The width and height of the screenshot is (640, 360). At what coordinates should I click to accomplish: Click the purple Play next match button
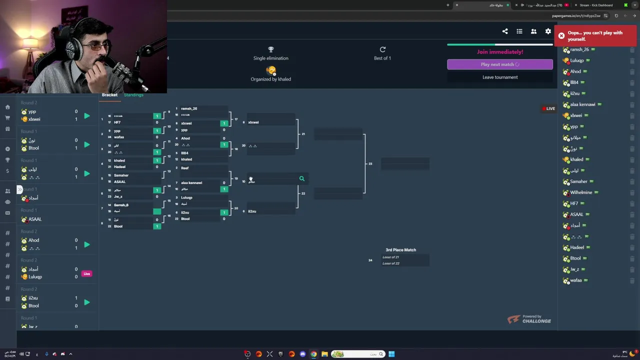tap(499, 64)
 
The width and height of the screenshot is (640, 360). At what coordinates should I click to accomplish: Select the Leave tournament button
tap(499, 77)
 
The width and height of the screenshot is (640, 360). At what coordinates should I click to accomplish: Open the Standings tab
tap(133, 95)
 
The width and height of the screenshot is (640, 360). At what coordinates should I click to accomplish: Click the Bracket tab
tap(109, 95)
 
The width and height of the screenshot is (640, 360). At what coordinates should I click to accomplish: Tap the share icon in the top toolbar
tap(505, 31)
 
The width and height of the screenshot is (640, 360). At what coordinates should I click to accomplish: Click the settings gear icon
tap(548, 31)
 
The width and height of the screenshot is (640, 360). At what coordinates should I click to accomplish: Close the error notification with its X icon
tap(561, 36)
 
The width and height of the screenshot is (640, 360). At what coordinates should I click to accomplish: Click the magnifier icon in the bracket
tap(301, 178)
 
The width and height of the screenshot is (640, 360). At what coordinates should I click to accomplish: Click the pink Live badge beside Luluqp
tap(87, 273)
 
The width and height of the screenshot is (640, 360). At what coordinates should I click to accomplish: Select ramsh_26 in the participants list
tap(579, 49)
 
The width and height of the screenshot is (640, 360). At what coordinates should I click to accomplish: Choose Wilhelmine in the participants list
tap(580, 192)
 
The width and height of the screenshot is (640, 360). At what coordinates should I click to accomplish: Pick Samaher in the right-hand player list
tap(578, 181)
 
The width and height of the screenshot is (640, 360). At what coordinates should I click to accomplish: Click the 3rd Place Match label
tap(400, 250)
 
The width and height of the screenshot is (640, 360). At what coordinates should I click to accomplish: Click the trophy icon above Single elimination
tap(270, 49)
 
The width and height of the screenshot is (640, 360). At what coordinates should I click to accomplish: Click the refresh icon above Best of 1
tap(382, 49)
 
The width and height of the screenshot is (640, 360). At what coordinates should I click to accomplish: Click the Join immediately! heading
tap(499, 52)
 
